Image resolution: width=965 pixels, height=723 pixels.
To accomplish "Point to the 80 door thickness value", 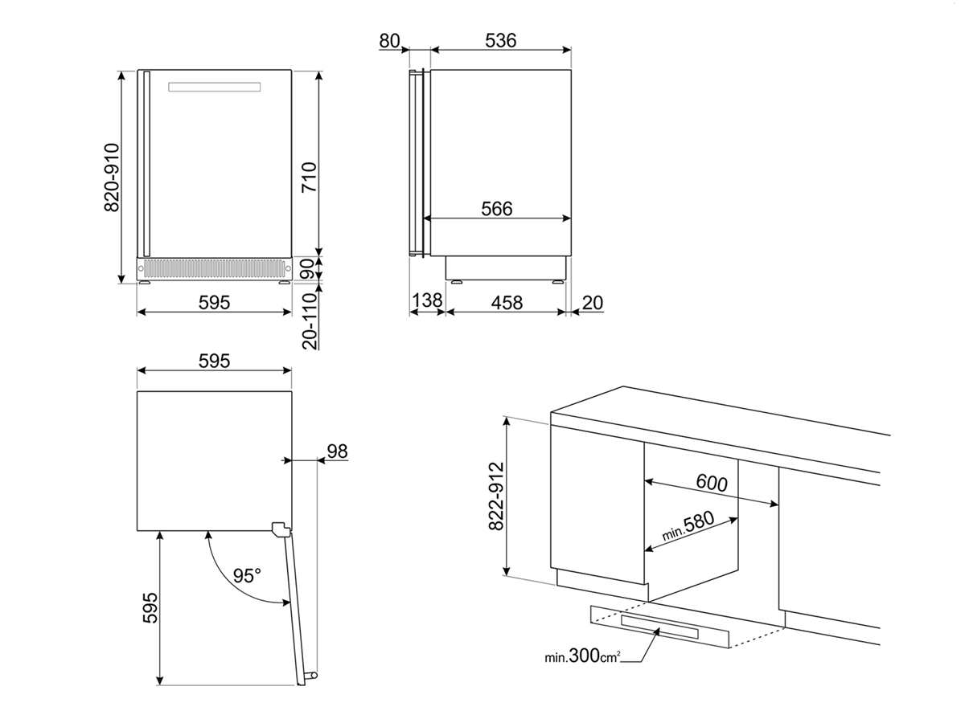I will pos(390,41).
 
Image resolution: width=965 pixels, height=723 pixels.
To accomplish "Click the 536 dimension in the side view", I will pos(500,41).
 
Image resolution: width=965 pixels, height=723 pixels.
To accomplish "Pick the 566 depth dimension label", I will pos(496,208).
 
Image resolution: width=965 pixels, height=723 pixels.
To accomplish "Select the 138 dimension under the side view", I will pos(426,302).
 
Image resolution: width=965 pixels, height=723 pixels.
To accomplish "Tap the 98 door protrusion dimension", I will pos(337,451).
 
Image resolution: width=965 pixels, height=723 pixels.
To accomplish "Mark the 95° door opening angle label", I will pos(247,576).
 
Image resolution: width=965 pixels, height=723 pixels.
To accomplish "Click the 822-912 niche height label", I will pos(495,496).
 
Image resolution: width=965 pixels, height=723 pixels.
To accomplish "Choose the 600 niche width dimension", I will pos(711,483).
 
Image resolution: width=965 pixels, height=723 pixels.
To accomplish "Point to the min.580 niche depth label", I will pos(688,527).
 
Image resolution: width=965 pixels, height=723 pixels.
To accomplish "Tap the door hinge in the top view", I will pos(280,529).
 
